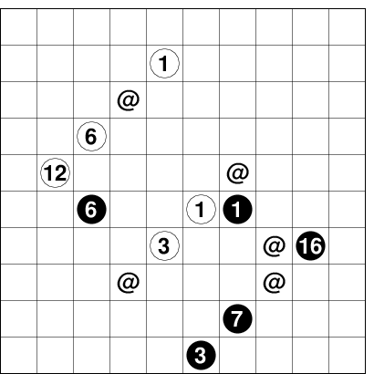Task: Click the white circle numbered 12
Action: tap(56, 172)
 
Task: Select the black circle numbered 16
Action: tap(310, 245)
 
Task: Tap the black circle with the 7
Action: tap(237, 318)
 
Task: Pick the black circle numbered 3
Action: tap(201, 355)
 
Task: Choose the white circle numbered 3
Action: tap(164, 245)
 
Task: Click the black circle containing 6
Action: tap(91, 209)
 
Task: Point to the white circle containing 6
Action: tap(91, 136)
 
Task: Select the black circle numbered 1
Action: tap(237, 209)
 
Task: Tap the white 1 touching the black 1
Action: tap(201, 209)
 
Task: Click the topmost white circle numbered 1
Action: tap(164, 63)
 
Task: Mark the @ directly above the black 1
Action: tap(238, 173)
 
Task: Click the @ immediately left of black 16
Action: tap(275, 246)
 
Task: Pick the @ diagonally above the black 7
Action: tap(275, 283)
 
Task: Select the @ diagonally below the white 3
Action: tap(129, 283)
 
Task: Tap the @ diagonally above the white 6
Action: tap(129, 100)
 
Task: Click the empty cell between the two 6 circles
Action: tap(91, 172)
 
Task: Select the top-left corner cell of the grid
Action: tap(19, 26)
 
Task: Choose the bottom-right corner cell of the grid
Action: tap(347, 355)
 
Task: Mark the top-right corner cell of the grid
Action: tap(347, 26)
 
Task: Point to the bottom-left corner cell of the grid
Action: tap(19, 355)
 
